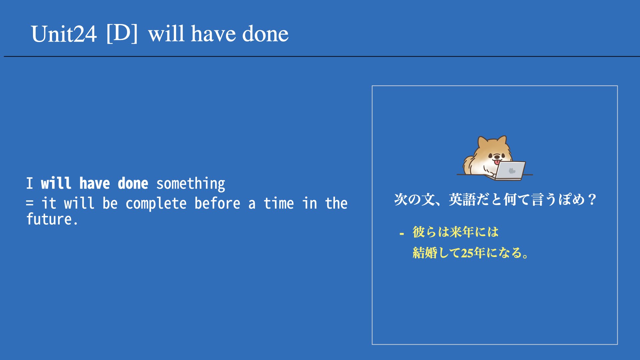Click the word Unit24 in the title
tap(64, 34)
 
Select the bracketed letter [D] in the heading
tap(122, 33)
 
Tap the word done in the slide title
tap(265, 34)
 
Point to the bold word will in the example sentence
tap(56, 183)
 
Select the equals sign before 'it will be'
tap(30, 203)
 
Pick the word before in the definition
tap(217, 203)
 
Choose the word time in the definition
tap(279, 203)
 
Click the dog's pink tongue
tap(497, 162)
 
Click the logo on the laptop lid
tap(512, 171)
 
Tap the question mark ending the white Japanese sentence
tap(592, 200)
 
